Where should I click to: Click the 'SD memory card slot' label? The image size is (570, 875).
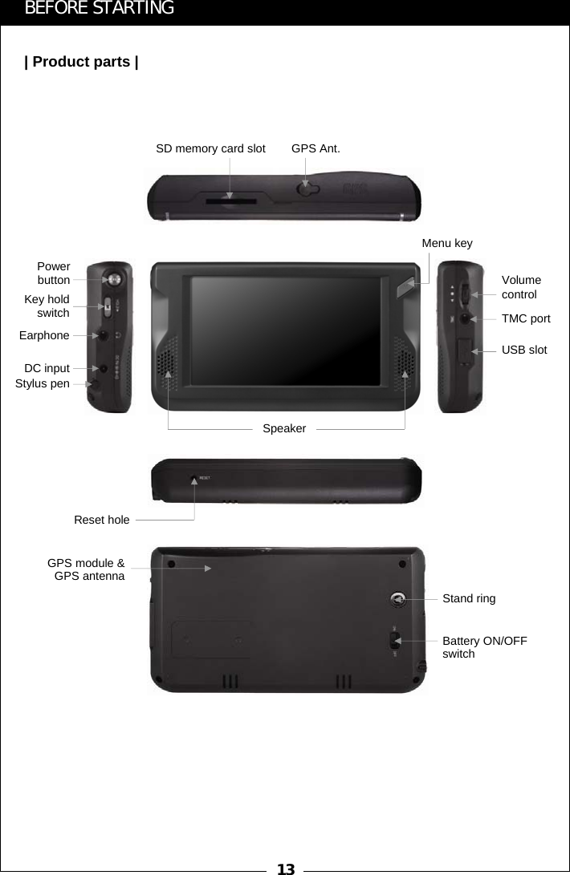point(210,148)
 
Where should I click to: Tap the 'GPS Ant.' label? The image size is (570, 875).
point(316,148)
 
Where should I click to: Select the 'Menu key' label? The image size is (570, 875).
point(447,243)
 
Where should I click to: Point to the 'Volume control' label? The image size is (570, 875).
point(521,287)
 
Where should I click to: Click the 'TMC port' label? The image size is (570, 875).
point(526,318)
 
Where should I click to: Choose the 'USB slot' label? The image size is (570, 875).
point(524,350)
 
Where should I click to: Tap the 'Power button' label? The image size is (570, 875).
point(54,273)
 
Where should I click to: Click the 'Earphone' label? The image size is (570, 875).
point(44,335)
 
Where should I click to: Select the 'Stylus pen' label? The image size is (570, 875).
point(43,384)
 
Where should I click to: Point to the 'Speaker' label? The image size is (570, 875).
point(284,429)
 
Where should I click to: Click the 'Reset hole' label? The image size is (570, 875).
point(101,520)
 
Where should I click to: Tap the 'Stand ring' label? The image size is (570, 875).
point(469,598)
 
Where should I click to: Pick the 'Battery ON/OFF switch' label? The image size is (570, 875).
point(484,647)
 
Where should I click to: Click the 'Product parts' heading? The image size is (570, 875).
point(81,62)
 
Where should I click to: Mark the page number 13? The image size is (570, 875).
point(285,869)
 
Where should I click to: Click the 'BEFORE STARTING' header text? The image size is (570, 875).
point(100,9)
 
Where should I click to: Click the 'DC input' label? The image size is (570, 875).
point(47,368)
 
